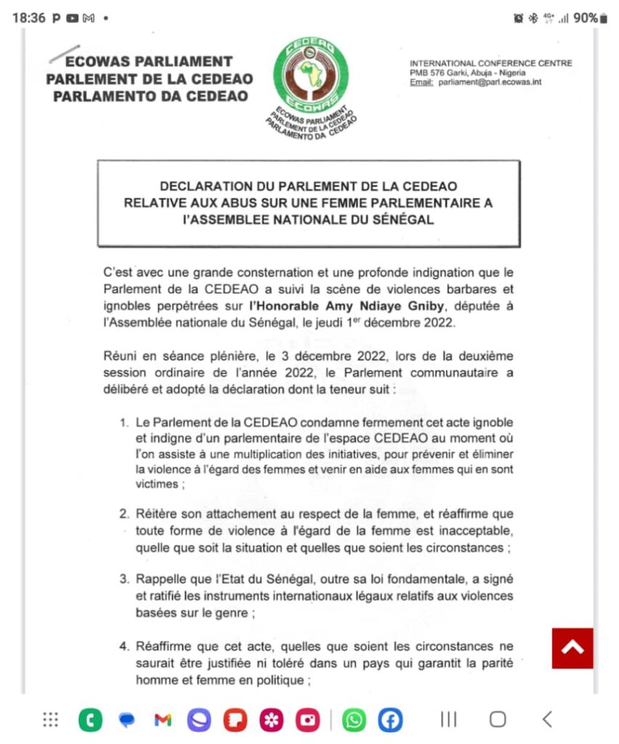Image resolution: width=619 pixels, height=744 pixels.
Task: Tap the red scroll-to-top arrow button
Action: (x=573, y=648)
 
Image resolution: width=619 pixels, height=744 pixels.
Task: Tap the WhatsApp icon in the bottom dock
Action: (x=355, y=720)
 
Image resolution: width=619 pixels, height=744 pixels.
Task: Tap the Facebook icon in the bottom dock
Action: (x=390, y=720)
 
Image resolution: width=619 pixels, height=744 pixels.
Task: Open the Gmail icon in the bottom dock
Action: (x=163, y=720)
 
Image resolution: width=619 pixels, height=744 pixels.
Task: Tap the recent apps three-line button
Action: (x=449, y=719)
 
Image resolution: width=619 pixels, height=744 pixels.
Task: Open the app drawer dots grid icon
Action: (x=50, y=720)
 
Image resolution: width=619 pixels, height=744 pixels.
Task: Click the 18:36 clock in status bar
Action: (x=28, y=17)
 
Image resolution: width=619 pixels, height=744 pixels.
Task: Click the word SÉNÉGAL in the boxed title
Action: (x=397, y=220)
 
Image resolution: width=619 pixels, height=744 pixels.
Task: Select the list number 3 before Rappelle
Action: (x=124, y=579)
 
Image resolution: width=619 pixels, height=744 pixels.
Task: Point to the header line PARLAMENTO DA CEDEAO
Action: (x=150, y=96)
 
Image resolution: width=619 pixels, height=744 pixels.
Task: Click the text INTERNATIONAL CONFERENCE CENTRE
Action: (x=490, y=63)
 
